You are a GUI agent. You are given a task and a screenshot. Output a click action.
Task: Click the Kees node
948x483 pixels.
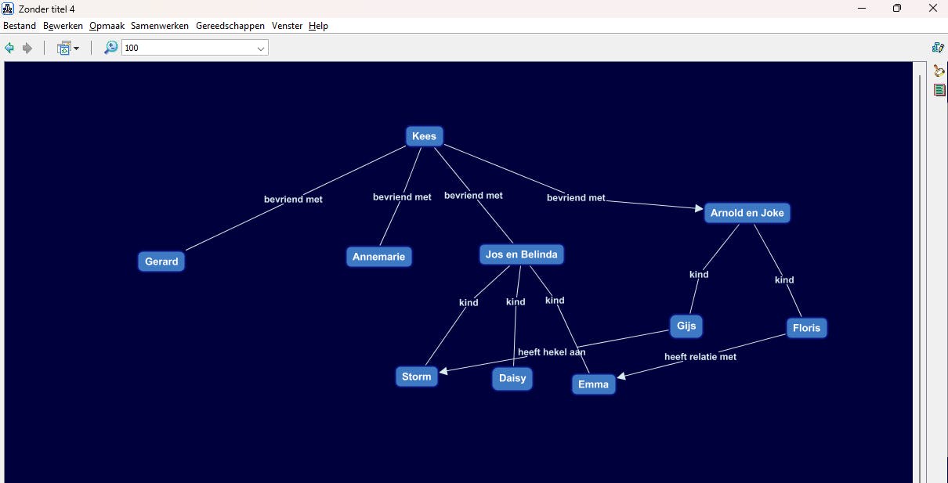424,136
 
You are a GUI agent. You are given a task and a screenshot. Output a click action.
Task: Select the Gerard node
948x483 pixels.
161,261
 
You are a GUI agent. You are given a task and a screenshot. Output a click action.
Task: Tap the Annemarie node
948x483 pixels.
379,257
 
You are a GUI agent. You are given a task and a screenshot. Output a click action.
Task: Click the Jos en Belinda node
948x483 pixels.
521,254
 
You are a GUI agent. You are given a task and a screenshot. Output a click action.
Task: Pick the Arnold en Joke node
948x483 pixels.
747,213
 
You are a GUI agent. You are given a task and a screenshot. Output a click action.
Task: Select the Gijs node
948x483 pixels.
686,326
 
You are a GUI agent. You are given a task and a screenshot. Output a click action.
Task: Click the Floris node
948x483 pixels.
806,328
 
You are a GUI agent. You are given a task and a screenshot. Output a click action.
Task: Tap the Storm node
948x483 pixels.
416,377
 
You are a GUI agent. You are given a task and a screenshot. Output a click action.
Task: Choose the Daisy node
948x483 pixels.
512,379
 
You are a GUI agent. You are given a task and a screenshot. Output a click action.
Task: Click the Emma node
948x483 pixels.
593,384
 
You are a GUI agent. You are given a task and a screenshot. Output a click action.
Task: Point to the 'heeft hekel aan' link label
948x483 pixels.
552,352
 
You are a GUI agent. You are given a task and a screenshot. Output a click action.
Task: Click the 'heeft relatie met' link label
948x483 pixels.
700,357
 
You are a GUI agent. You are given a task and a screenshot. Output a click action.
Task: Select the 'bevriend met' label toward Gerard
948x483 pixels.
293,200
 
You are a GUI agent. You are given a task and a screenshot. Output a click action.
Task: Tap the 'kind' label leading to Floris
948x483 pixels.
784,280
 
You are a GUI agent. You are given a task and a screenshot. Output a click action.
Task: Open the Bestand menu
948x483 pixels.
20,26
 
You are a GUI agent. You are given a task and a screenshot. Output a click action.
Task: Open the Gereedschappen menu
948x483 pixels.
230,26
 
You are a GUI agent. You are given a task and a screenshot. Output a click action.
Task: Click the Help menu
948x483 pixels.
318,26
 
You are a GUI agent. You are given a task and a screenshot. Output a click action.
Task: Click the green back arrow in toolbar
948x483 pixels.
9,49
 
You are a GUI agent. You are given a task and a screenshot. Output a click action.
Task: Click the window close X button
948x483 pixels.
932,9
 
